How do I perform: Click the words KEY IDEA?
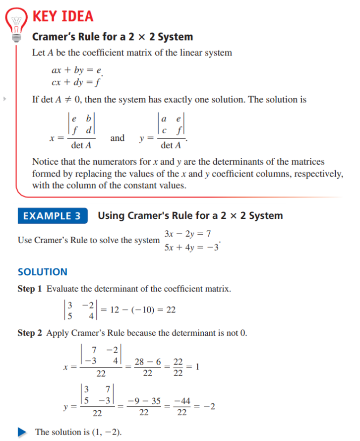pyautogui.click(x=62, y=16)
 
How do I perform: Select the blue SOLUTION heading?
pyautogui.click(x=43, y=272)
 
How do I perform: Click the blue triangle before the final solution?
pyautogui.click(x=22, y=432)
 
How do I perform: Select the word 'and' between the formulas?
pyautogui.click(x=118, y=138)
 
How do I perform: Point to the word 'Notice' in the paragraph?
pyautogui.click(x=45, y=162)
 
